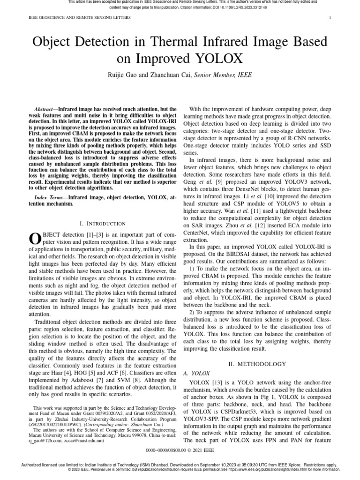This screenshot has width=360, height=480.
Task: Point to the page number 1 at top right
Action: pyautogui.click(x=331, y=18)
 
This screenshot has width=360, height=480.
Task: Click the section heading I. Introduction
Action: pyautogui.click(x=103, y=224)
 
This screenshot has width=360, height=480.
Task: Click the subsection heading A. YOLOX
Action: pyautogui.click(x=193, y=373)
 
